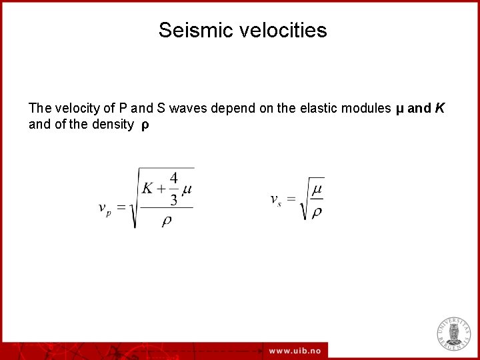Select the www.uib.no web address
click(x=295, y=351)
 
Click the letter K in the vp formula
click(x=148, y=188)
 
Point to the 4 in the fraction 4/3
click(x=173, y=179)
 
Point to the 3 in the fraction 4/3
click(x=173, y=199)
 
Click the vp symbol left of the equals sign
click(x=105, y=209)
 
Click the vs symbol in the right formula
click(x=275, y=199)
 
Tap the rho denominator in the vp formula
click(x=166, y=220)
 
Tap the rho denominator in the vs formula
click(x=317, y=212)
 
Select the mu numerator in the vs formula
click(x=317, y=190)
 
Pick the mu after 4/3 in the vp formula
click(x=187, y=189)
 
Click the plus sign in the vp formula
click(x=161, y=189)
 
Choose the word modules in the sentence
click(x=365, y=108)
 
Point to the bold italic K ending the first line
click(x=439, y=108)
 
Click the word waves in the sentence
click(x=190, y=108)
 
